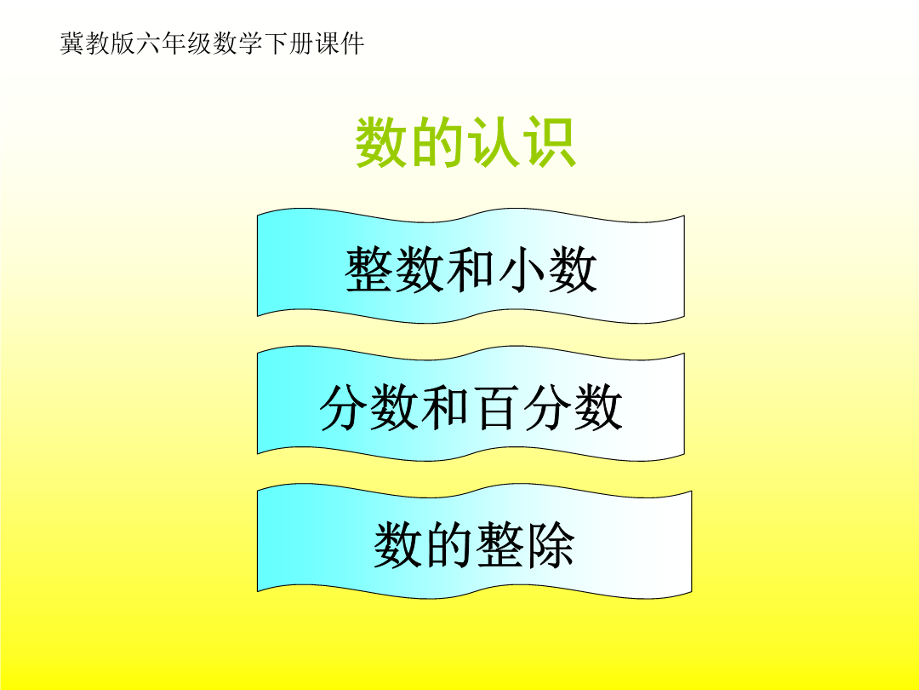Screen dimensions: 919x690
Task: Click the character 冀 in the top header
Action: click(x=72, y=43)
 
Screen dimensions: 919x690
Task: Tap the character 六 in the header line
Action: click(x=149, y=43)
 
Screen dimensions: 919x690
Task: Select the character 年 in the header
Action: click(x=174, y=43)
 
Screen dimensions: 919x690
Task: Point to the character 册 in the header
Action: click(x=302, y=43)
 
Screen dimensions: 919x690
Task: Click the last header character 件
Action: click(x=353, y=43)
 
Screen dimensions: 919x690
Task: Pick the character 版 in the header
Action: click(x=123, y=43)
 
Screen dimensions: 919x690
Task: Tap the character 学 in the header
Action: click(x=251, y=43)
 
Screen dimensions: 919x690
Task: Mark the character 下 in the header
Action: click(x=276, y=43)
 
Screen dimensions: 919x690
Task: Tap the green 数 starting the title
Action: click(x=382, y=142)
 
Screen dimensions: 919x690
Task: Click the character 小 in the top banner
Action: click(x=522, y=269)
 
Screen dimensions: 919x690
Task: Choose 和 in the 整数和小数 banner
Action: click(x=471, y=269)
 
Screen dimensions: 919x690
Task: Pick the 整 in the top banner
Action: click(x=368, y=269)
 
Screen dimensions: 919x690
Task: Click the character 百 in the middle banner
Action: click(x=496, y=407)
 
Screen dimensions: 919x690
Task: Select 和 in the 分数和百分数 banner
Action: click(x=445, y=407)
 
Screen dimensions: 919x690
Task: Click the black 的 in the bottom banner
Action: click(x=449, y=545)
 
